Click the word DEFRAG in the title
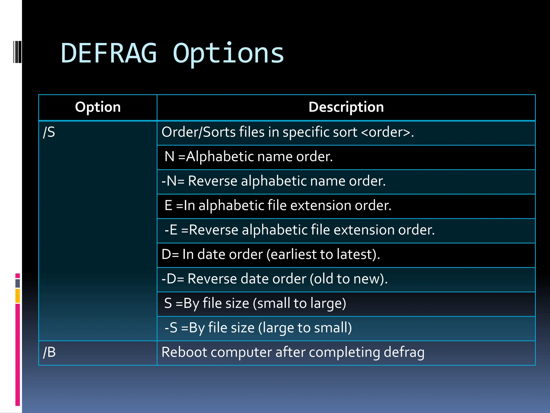(x=109, y=54)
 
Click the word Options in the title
(x=228, y=54)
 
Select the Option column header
(x=98, y=107)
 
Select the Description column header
(x=346, y=107)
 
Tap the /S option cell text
(x=49, y=132)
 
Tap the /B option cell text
(x=50, y=352)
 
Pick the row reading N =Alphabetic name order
(x=249, y=156)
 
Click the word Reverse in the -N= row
(x=212, y=181)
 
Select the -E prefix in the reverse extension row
(x=171, y=230)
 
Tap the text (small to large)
(x=299, y=303)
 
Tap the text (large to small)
(x=305, y=328)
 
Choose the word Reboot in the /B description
(x=184, y=352)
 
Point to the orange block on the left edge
(x=18, y=296)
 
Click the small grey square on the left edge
(x=18, y=283)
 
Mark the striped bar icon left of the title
(x=17, y=52)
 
